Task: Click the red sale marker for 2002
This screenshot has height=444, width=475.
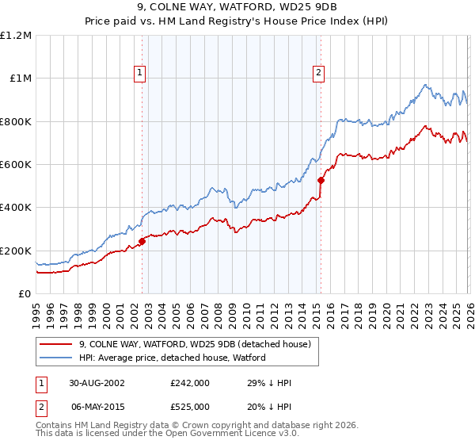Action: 142,242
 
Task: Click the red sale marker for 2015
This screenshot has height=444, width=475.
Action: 321,181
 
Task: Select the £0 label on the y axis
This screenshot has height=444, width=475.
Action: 24,294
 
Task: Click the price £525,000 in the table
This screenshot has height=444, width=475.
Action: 196,405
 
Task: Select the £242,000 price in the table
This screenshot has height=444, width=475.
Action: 196,383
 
